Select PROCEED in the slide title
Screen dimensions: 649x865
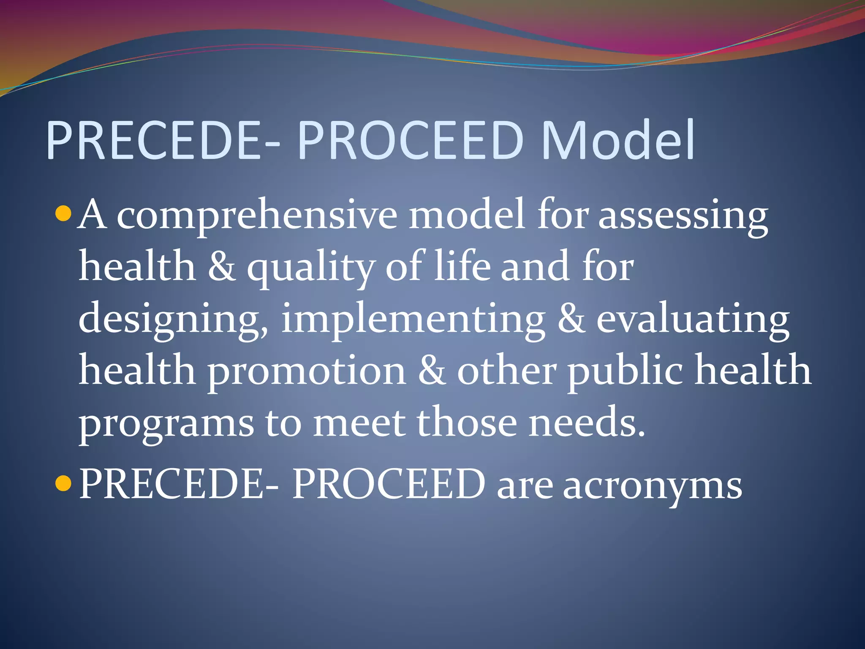(x=410, y=140)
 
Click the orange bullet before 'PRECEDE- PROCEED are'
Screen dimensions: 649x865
(x=63, y=483)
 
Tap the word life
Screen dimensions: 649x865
(x=462, y=266)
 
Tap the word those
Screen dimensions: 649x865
(x=467, y=423)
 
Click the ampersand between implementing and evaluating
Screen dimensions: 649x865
(x=571, y=319)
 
